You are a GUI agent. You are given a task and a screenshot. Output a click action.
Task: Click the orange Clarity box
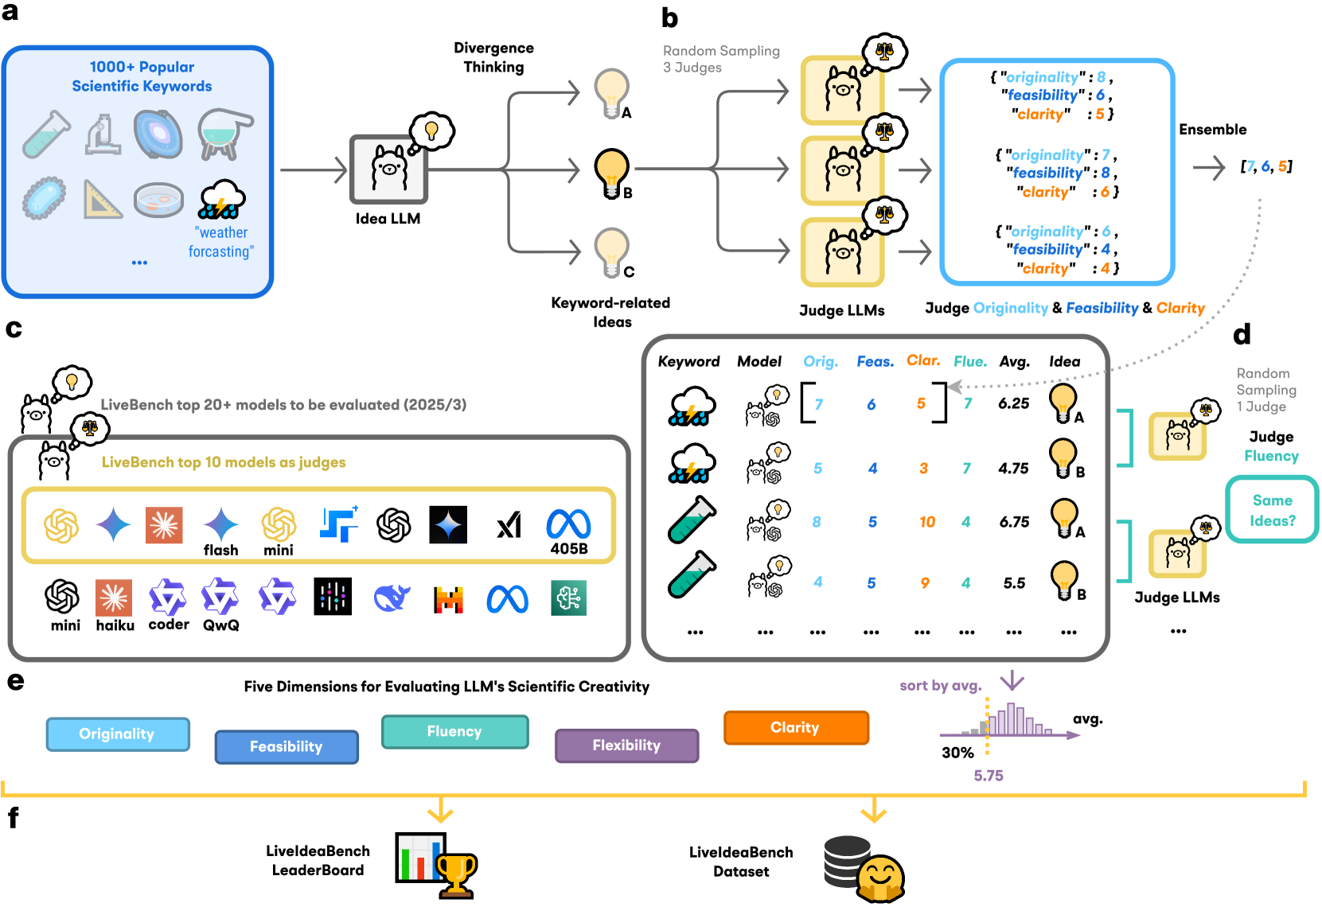click(x=796, y=727)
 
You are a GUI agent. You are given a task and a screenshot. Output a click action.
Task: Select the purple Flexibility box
click(x=626, y=745)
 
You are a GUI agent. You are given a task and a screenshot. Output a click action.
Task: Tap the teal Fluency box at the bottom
click(x=454, y=731)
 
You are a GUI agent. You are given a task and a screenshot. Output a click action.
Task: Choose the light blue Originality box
click(x=117, y=734)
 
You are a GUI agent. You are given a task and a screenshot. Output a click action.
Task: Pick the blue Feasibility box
click(x=287, y=746)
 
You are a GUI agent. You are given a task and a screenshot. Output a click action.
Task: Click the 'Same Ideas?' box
click(x=1272, y=510)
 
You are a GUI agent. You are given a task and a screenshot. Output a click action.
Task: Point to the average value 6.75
click(x=1014, y=522)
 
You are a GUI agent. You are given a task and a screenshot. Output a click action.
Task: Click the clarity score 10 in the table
click(x=927, y=522)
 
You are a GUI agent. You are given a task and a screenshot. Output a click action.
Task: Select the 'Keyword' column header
click(x=688, y=361)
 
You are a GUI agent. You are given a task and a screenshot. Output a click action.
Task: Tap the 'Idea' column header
click(x=1064, y=361)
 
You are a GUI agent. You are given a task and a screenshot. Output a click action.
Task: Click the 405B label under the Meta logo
click(x=569, y=548)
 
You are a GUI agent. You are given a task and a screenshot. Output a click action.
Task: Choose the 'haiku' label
click(x=115, y=625)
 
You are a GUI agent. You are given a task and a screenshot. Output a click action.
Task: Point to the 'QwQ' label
click(x=220, y=625)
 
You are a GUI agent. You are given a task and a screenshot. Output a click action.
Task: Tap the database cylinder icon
click(x=846, y=861)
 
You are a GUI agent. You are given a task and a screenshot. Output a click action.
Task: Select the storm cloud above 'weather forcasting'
click(x=221, y=199)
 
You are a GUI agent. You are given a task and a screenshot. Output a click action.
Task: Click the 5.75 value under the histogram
click(x=989, y=776)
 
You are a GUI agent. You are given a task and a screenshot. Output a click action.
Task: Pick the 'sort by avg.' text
click(x=941, y=686)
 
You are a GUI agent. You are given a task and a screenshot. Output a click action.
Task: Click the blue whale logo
click(x=392, y=598)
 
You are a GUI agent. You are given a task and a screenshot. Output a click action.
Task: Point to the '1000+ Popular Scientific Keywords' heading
click(x=142, y=76)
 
